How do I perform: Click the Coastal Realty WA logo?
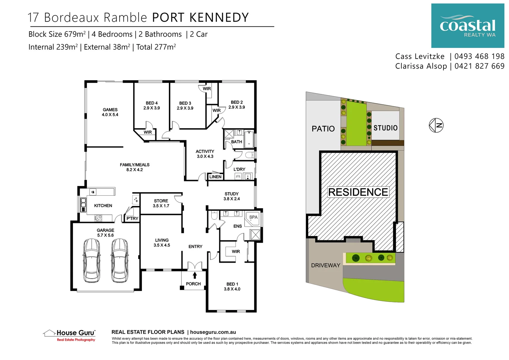click(x=467, y=26)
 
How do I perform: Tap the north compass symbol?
click(x=436, y=125)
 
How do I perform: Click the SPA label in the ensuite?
click(x=254, y=217)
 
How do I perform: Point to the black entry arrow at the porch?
click(x=195, y=275)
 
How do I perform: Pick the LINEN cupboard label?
click(x=215, y=177)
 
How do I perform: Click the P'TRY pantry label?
click(x=132, y=218)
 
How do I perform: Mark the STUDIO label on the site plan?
click(x=385, y=128)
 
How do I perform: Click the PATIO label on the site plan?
click(x=323, y=129)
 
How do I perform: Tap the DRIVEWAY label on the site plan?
click(x=325, y=265)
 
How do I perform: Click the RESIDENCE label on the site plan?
click(x=358, y=192)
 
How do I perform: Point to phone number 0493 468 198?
click(x=479, y=56)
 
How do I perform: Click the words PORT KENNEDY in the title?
click(x=201, y=17)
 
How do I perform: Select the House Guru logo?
click(x=70, y=335)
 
